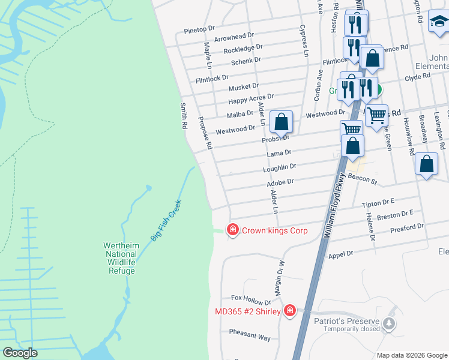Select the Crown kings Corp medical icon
[x=232, y=230]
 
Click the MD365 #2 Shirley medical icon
[x=289, y=310]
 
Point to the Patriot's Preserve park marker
[x=390, y=325]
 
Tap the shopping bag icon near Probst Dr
[x=281, y=122]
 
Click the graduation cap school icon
[x=439, y=22]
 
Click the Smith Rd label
[x=184, y=116]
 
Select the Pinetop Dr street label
[x=199, y=29]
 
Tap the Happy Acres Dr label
[x=250, y=97]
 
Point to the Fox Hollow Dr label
[x=252, y=298]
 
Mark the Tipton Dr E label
[x=378, y=204]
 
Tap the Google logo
[x=20, y=352]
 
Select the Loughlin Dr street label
[x=280, y=167]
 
